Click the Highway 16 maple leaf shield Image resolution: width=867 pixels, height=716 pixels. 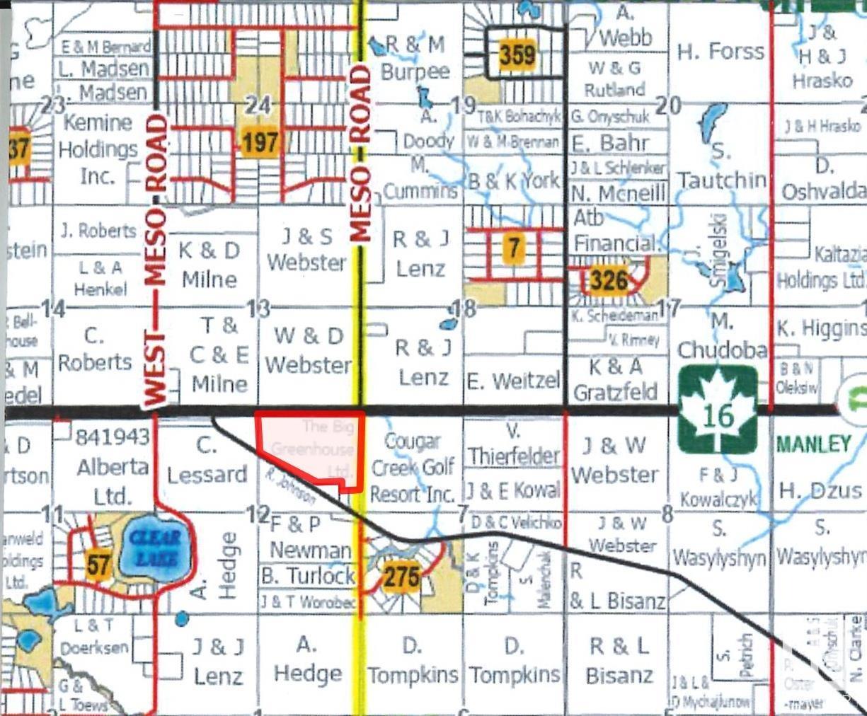tap(718, 410)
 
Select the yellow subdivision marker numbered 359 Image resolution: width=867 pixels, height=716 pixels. tap(517, 54)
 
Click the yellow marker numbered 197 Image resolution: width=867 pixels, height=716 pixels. tap(260, 144)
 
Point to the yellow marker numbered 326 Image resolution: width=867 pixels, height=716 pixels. tap(609, 281)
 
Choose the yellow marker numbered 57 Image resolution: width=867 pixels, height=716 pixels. tap(100, 565)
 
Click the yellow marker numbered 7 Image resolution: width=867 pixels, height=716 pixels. tap(514, 248)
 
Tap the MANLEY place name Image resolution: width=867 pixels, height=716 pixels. tap(813, 444)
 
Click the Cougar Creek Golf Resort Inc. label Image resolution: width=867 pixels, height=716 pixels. tap(413, 467)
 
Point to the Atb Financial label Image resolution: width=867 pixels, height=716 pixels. tap(614, 231)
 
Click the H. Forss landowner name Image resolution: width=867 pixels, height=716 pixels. tap(720, 52)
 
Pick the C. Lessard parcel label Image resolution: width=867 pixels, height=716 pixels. tap(206, 461)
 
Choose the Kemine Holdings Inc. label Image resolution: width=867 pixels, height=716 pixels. tap(98, 149)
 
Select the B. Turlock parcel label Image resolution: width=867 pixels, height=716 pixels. tap(308, 576)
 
